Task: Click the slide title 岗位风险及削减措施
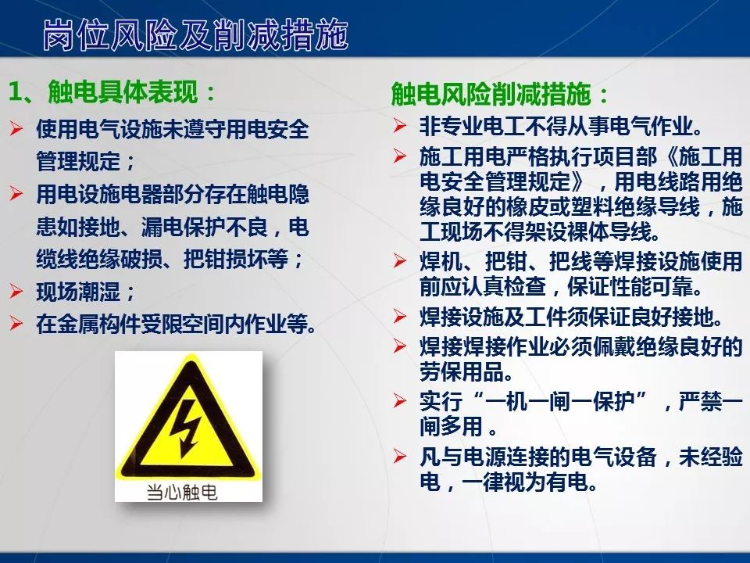195,36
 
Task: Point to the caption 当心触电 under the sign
182,492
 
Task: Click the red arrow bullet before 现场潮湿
16,292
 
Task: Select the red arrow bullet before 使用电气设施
16,128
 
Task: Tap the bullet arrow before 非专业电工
400,125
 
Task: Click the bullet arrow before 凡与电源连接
400,457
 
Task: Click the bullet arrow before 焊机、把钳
400,261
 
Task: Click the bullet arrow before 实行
400,401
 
